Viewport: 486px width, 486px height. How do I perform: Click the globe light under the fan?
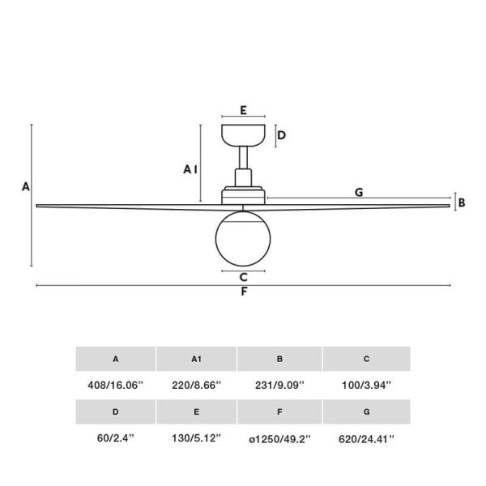(243, 237)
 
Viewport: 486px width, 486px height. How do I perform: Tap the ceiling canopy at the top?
(243, 134)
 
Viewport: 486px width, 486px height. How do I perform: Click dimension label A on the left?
(26, 186)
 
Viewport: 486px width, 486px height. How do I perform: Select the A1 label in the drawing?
(190, 169)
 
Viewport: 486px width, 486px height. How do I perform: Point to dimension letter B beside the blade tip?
(462, 202)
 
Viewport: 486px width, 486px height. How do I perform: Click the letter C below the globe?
(243, 276)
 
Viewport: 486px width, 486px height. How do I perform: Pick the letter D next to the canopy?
(281, 135)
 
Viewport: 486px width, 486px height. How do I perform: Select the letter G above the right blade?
(358, 192)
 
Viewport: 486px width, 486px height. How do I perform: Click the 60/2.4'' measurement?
(115, 438)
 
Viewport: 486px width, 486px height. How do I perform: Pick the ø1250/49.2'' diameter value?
(279, 438)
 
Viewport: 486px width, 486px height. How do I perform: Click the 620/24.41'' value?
(366, 438)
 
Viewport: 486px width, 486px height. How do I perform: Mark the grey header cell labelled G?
(366, 411)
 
